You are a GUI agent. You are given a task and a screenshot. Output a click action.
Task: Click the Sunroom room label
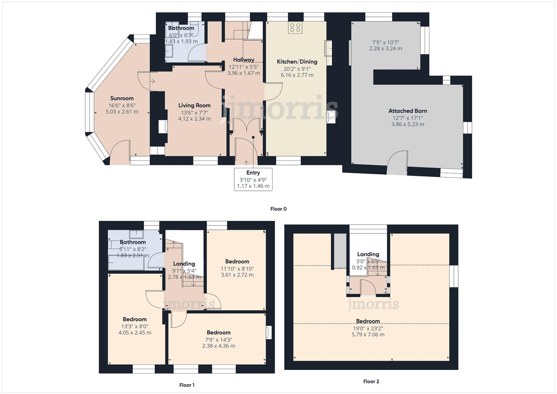tap(122, 98)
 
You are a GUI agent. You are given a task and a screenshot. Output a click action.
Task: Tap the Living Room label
tap(194, 105)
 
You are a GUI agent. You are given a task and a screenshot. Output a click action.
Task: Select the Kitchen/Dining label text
tap(297, 62)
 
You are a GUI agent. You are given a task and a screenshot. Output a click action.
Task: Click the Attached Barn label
tap(407, 111)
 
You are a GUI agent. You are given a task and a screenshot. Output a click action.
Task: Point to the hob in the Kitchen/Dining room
tap(295, 28)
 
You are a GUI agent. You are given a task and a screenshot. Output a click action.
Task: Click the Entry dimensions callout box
tap(253, 179)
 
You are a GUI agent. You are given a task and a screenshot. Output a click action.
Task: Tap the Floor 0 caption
tap(278, 209)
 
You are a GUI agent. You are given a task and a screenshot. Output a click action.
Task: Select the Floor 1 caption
tap(187, 385)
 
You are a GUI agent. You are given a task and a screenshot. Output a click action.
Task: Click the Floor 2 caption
tap(371, 381)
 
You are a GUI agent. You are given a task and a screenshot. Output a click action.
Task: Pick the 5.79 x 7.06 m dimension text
tap(368, 335)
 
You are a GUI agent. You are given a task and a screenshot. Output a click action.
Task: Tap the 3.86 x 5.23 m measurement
tap(407, 124)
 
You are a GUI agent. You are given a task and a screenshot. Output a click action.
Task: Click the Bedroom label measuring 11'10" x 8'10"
tap(237, 262)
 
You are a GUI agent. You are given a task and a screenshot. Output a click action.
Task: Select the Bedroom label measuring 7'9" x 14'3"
tap(218, 332)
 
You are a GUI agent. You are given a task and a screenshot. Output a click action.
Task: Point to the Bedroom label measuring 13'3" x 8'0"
tap(135, 319)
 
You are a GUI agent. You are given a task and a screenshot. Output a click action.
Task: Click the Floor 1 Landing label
tap(184, 264)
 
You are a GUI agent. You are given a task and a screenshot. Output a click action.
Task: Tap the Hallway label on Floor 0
tap(244, 60)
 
